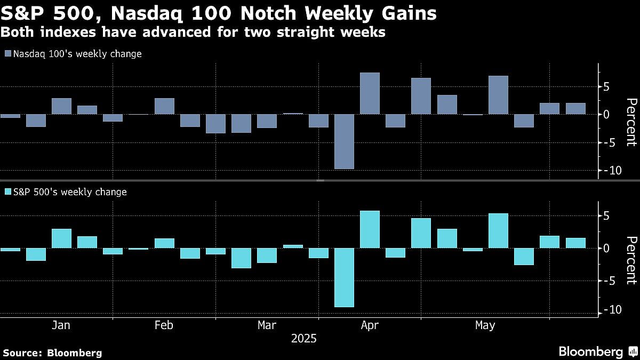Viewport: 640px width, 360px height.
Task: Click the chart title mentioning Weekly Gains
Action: pyautogui.click(x=219, y=13)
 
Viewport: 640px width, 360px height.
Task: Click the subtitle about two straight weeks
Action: pyautogui.click(x=193, y=32)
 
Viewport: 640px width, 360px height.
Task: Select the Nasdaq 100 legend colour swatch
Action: pyautogui.click(x=7, y=54)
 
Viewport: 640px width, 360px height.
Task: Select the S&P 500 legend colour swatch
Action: pyautogui.click(x=7, y=192)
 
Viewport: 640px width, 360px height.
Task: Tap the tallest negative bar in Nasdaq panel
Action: pyautogui.click(x=344, y=141)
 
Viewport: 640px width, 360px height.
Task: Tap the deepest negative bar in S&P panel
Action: pyautogui.click(x=344, y=277)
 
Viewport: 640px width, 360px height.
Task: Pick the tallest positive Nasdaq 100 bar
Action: pyautogui.click(x=370, y=93)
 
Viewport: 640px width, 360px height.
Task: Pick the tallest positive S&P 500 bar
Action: pyautogui.click(x=370, y=229)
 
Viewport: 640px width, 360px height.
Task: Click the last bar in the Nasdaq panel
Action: pyautogui.click(x=575, y=108)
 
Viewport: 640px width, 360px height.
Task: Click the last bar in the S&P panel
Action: pyautogui.click(x=575, y=243)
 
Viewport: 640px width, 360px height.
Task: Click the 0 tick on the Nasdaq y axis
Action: pyautogui.click(x=606, y=114)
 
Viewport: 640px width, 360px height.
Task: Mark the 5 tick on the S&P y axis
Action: pyautogui.click(x=606, y=216)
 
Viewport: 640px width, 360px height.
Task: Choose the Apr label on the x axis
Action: pyautogui.click(x=370, y=325)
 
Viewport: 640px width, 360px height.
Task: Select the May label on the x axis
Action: pyautogui.click(x=484, y=325)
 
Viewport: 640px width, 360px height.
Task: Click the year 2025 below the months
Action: pyautogui.click(x=303, y=339)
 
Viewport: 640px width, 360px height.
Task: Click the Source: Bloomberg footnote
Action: pyautogui.click(x=52, y=353)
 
